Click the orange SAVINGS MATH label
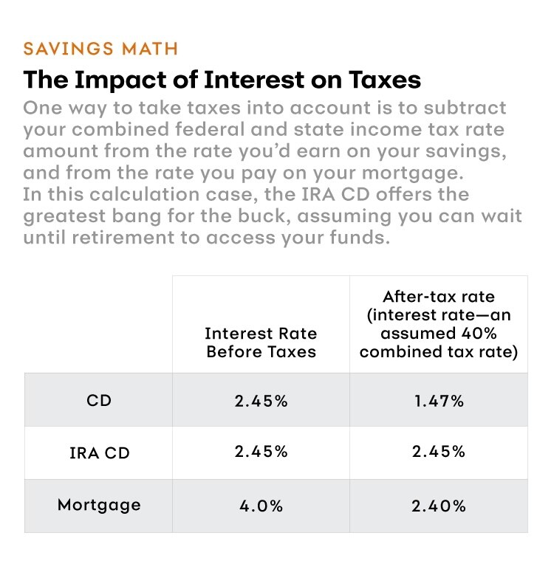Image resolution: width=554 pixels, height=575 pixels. click(100, 49)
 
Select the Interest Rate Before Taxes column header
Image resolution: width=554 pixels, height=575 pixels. click(261, 342)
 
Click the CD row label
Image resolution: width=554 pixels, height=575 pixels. click(98, 401)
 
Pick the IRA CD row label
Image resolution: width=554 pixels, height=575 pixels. click(98, 452)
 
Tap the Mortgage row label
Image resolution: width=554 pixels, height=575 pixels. click(98, 506)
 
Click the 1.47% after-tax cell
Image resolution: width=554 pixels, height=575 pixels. click(438, 401)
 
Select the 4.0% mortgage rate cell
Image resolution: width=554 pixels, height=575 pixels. click(261, 506)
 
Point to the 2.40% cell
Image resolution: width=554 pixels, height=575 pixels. click(438, 506)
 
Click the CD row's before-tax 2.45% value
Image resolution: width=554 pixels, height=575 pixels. click(261, 401)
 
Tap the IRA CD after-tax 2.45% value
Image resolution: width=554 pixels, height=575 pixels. click(438, 452)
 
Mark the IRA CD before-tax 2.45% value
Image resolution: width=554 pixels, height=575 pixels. click(261, 452)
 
